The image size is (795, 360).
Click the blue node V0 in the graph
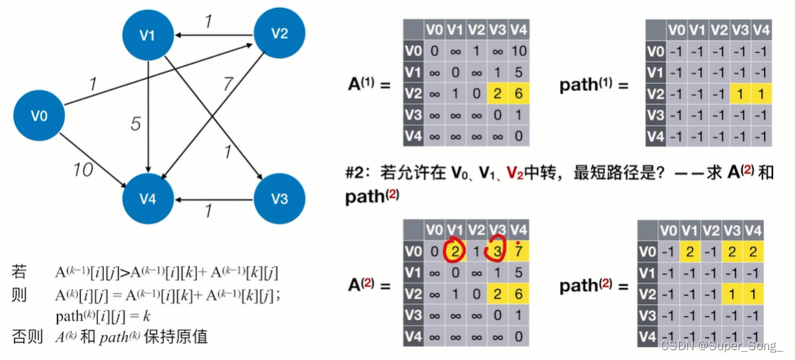(39, 116)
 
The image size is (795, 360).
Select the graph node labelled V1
(148, 36)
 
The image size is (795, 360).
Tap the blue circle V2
(280, 33)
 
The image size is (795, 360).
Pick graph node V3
(280, 199)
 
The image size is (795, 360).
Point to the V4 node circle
(148, 199)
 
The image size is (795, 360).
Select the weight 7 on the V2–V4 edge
(227, 85)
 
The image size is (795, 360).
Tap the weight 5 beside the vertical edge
(136, 124)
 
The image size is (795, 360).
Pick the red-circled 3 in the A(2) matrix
(497, 250)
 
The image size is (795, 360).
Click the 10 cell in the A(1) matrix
(518, 52)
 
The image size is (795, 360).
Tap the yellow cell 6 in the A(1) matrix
(518, 93)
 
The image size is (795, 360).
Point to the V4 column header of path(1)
(761, 30)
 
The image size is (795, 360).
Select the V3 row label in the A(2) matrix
(414, 315)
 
